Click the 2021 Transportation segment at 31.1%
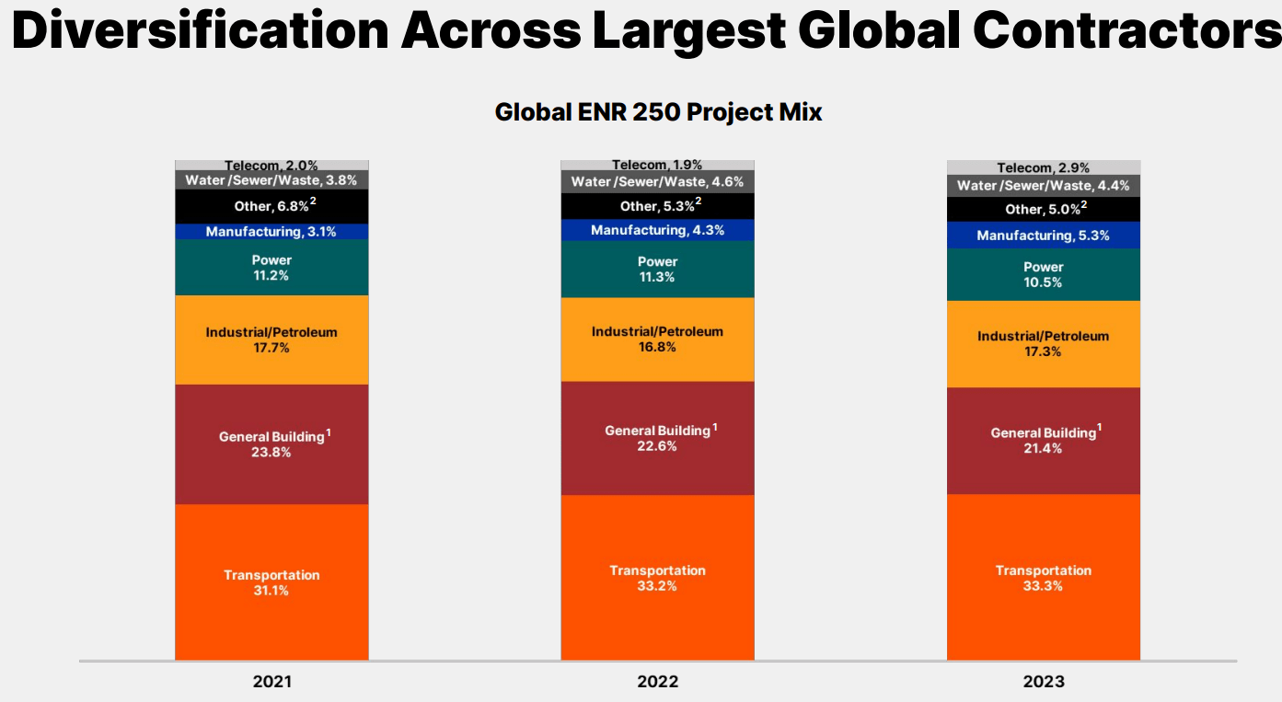pos(271,581)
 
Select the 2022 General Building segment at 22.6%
pos(657,438)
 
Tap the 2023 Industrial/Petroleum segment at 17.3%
pos(1043,343)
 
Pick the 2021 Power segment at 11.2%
pos(271,267)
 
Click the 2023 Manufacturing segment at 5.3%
pos(1043,236)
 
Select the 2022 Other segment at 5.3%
pos(657,206)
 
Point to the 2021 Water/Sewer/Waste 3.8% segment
pos(271,180)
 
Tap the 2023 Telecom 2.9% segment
pos(1043,167)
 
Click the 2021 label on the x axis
pos(271,682)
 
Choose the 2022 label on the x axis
pos(657,682)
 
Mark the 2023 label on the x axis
pos(1043,682)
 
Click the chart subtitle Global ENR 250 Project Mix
pos(658,112)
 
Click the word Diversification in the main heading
pos(201,30)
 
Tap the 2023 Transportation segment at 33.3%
pos(1043,577)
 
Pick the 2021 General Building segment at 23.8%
pos(271,443)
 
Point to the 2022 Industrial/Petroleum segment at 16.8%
pos(657,339)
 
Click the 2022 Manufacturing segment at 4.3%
pos(657,230)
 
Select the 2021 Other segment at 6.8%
pos(271,206)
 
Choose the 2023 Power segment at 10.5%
pos(1043,274)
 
